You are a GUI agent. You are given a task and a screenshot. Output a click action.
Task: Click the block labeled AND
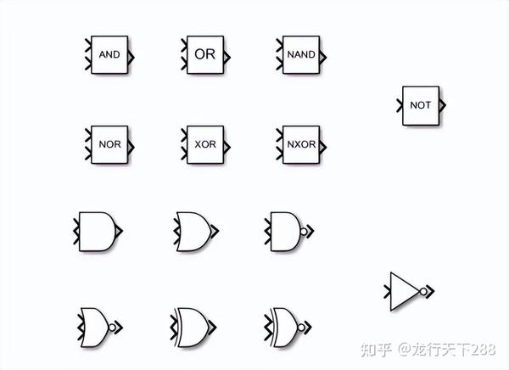pos(109,54)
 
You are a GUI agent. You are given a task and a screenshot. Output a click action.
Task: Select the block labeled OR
pos(204,54)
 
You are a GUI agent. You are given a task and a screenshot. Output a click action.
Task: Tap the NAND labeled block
pos(301,54)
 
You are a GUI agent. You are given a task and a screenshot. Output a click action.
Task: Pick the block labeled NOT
pos(420,105)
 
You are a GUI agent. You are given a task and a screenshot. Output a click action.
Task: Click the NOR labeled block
pos(109,144)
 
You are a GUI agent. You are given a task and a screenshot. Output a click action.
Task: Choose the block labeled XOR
pos(204,144)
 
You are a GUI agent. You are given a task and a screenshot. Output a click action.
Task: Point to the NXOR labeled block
pos(301,144)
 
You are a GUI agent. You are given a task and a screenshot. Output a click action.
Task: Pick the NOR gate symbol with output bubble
pos(96,326)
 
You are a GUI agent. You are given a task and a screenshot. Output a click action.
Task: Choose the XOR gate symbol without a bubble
pos(193,326)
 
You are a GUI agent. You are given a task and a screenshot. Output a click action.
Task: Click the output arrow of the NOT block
pos(444,105)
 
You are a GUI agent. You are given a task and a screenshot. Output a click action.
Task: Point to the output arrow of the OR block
pos(227,54)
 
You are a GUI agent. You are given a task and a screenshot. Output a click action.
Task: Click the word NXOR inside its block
pos(301,144)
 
